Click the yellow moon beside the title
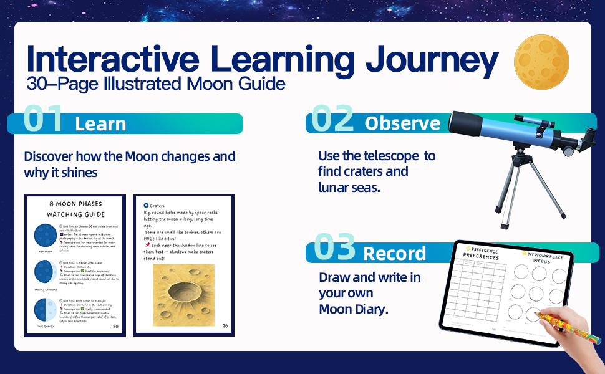point(541,61)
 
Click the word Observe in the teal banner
point(402,123)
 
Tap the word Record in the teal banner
point(395,253)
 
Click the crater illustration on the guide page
point(183,295)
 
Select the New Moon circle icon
point(44,237)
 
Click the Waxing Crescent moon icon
point(44,275)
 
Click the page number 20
point(115,327)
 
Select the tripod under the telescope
point(532,186)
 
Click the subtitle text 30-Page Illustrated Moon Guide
point(156,84)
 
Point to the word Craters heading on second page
point(157,205)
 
